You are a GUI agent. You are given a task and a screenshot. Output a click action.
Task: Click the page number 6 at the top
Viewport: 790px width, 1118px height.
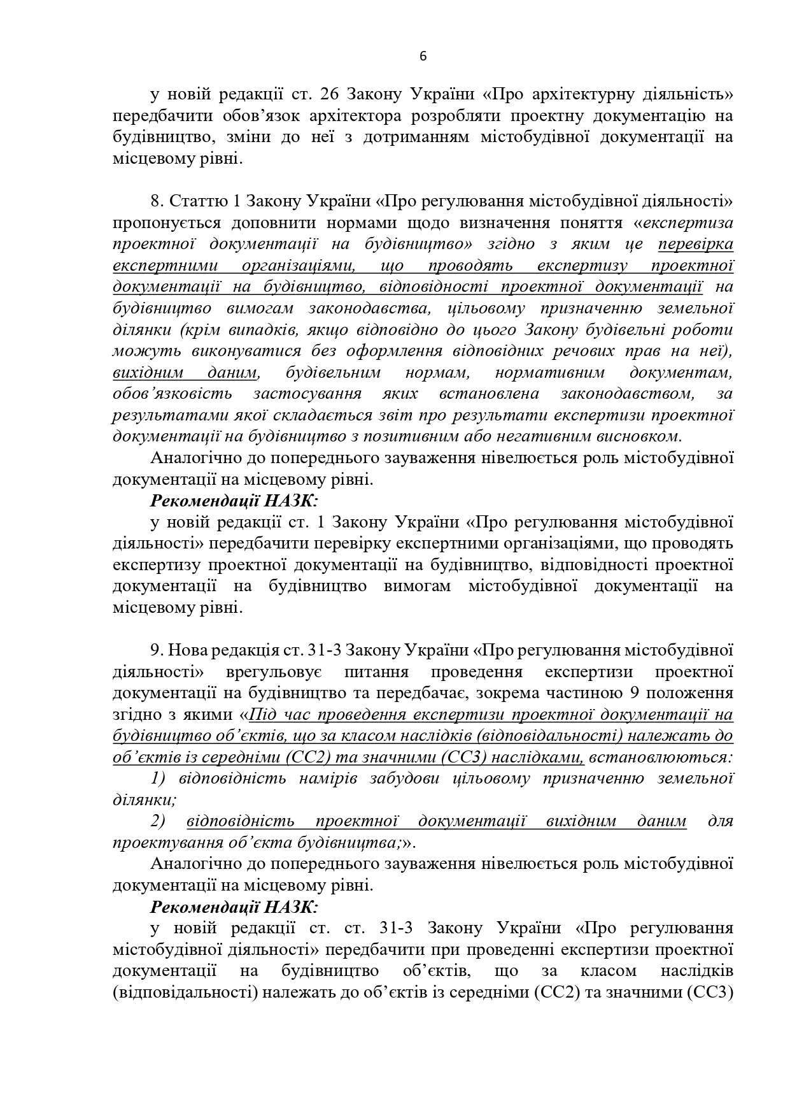pyautogui.click(x=423, y=56)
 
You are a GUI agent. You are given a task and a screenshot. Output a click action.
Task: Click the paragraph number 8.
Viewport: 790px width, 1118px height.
pyautogui.click(x=157, y=201)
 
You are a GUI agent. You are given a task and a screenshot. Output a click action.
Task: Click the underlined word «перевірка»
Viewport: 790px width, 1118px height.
pyautogui.click(x=696, y=244)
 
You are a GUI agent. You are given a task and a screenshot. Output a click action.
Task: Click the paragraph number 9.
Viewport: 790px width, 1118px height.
pyautogui.click(x=157, y=650)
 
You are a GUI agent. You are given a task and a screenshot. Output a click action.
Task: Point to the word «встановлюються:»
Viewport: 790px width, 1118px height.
pyautogui.click(x=661, y=757)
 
